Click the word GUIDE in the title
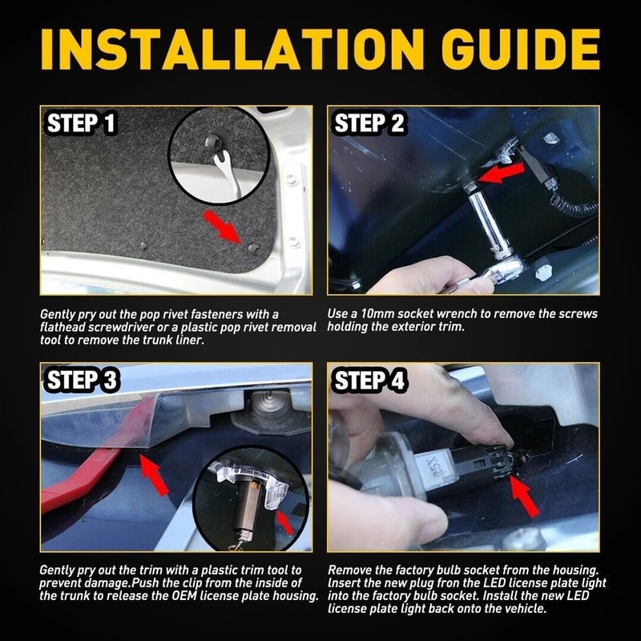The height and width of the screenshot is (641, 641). point(520,49)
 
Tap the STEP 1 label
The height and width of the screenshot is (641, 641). point(82,123)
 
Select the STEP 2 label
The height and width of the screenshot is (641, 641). point(369,123)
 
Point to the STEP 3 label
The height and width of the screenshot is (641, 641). point(83,380)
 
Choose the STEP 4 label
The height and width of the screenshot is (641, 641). point(370,380)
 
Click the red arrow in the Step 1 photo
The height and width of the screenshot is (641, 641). point(224,227)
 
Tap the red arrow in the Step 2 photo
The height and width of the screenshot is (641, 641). point(501,171)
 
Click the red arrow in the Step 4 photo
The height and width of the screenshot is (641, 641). point(524,495)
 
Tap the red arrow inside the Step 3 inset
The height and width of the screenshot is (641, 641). point(285,522)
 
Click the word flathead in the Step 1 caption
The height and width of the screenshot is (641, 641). point(62,327)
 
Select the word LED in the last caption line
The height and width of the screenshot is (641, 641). point(577,595)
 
